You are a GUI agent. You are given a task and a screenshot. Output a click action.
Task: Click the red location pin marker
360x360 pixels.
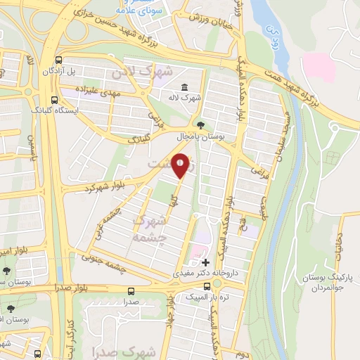point(181,165)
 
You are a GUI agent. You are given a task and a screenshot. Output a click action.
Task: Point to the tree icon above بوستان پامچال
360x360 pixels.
point(202,122)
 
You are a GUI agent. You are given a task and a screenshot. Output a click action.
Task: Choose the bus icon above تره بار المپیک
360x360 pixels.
point(207,287)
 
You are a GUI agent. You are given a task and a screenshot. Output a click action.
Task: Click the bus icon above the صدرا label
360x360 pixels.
point(131,290)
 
